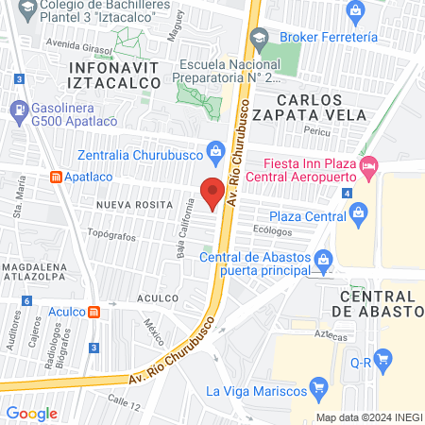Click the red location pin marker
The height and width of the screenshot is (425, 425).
(213, 192)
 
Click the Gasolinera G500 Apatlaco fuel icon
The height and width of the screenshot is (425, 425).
(20, 109)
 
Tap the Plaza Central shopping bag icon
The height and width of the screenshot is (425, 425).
(358, 216)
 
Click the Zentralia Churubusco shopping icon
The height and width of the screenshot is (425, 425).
(215, 149)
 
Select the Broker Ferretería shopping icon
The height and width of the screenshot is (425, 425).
(356, 12)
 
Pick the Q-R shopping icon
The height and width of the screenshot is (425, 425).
(382, 359)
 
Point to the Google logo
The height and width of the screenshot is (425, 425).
(32, 413)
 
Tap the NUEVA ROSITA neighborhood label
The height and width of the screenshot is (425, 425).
(132, 203)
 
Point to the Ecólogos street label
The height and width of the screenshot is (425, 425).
(271, 229)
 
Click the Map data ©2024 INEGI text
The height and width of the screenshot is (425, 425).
(368, 416)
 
